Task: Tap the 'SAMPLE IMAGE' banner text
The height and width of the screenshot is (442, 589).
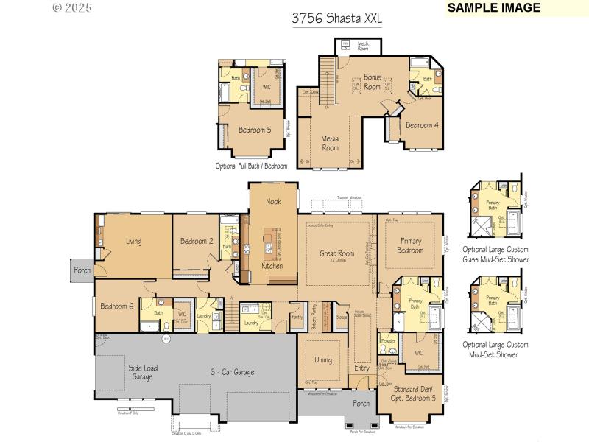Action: coord(494,8)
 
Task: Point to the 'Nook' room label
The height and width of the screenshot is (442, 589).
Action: coord(273,200)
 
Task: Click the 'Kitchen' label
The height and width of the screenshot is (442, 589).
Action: coord(272,266)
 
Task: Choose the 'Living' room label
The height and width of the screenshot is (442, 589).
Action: coord(133,241)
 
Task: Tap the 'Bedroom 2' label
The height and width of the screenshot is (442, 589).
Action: coord(197,241)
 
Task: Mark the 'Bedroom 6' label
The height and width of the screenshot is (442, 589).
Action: coord(116,306)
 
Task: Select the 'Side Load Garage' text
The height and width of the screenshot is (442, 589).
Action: coord(142,372)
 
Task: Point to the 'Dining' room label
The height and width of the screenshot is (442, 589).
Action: coord(322,360)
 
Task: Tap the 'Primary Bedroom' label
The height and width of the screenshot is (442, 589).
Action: coord(411,245)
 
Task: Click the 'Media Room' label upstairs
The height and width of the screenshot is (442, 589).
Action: coord(330,143)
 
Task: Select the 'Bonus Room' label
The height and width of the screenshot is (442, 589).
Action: coord(373,82)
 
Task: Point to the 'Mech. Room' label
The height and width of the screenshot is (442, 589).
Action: coord(363,46)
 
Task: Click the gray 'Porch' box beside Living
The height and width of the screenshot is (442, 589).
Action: coord(82,270)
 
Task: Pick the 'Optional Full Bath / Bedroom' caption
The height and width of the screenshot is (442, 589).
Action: coord(251,166)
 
